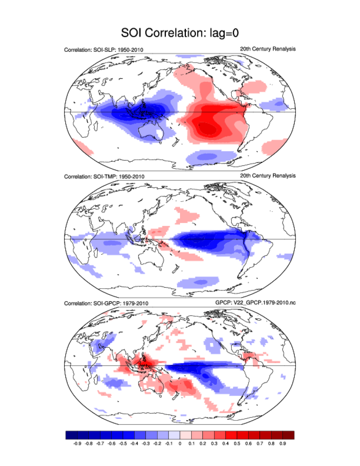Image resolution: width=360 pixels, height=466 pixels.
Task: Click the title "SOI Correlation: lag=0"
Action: tap(180, 33)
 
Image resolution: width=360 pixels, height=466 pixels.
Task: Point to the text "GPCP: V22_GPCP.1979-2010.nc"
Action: tap(255, 303)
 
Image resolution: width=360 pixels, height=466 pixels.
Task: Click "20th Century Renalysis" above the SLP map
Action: tap(268, 49)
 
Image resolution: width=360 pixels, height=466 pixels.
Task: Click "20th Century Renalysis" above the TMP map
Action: tap(268, 176)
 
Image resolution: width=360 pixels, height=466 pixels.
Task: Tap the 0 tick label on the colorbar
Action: tap(180, 443)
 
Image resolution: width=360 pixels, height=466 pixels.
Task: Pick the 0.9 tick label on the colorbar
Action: tap(283, 443)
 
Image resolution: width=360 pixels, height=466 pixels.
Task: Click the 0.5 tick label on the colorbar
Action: tap(237, 443)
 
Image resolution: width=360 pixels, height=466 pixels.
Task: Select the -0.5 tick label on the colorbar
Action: tap(123, 443)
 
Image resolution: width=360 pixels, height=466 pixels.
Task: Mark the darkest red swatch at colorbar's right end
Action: tap(288, 435)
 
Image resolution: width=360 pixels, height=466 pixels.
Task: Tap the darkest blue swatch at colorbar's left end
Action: tap(71, 435)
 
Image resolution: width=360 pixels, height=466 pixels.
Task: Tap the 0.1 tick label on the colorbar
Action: tap(191, 443)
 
